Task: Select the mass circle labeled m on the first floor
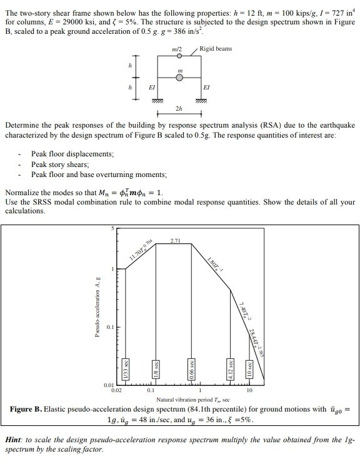[180, 78]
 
